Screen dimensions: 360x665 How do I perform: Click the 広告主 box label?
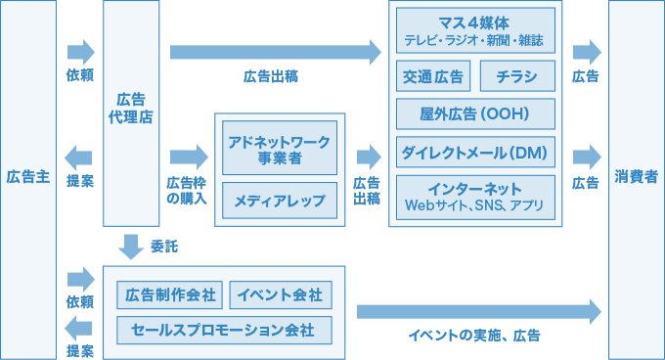click(x=27, y=177)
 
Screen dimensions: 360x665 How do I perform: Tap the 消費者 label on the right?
click(x=636, y=177)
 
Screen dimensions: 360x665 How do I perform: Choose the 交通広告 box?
click(x=432, y=75)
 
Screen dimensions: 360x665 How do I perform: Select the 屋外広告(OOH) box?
click(x=475, y=113)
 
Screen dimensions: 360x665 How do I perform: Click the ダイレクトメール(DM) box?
click(x=475, y=153)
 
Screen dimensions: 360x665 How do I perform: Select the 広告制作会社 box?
click(x=170, y=294)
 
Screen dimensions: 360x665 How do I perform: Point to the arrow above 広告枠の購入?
click(x=189, y=157)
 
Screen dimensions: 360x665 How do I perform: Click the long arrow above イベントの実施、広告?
click(x=478, y=312)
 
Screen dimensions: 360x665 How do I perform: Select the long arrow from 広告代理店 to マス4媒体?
click(x=275, y=51)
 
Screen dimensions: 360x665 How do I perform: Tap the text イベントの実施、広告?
click(x=474, y=336)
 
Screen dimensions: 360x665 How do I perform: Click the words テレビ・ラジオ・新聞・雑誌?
click(x=475, y=42)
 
